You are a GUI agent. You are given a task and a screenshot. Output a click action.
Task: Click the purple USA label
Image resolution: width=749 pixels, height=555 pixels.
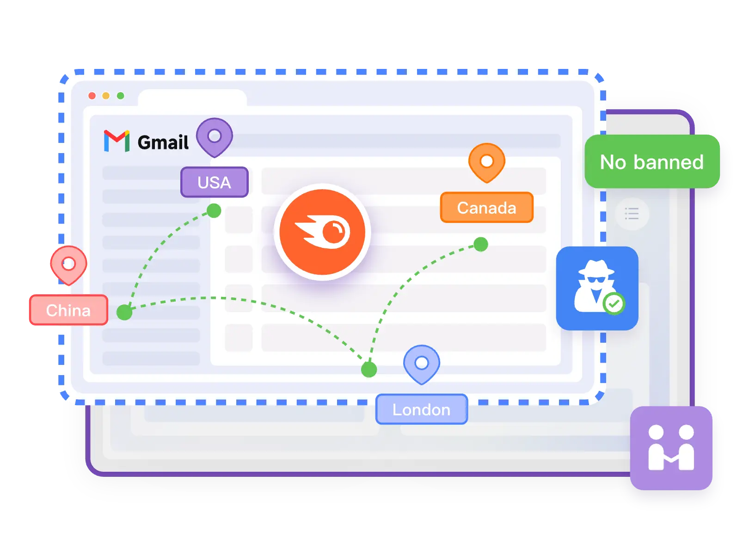(x=214, y=182)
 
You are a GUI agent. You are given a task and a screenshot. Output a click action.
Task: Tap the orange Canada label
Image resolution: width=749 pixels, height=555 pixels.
(x=486, y=208)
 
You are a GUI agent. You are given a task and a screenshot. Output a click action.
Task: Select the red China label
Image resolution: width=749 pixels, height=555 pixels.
(x=68, y=310)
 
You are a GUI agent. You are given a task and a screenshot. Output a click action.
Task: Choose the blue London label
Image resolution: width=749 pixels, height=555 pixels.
(x=421, y=409)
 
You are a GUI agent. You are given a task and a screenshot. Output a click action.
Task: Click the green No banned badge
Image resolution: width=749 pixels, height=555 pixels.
(x=651, y=162)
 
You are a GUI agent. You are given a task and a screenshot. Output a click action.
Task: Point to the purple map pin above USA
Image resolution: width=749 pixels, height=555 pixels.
(x=214, y=136)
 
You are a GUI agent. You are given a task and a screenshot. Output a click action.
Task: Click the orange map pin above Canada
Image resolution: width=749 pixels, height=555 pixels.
(x=486, y=161)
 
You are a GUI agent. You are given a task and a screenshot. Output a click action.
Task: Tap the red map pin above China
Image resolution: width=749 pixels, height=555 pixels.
(x=68, y=264)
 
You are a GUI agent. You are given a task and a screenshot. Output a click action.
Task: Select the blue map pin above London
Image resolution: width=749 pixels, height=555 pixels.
(x=421, y=363)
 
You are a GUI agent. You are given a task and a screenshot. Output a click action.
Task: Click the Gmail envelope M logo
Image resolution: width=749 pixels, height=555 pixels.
(x=116, y=141)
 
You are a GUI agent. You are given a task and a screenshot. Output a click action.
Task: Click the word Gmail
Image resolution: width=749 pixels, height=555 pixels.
(x=163, y=142)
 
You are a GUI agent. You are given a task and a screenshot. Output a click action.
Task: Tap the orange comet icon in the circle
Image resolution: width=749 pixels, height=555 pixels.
(x=322, y=232)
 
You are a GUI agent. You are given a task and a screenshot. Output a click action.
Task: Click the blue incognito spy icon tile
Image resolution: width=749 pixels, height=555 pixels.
(x=596, y=288)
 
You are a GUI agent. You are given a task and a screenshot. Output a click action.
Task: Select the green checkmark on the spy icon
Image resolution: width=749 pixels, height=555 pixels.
(x=614, y=304)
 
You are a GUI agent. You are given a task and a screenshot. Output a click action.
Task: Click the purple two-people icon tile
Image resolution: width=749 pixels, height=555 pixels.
(x=671, y=448)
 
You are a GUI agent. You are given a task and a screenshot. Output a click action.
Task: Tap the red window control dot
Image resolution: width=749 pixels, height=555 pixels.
(x=92, y=96)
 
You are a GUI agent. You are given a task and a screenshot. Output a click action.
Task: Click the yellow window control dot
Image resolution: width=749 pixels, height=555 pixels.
(x=106, y=96)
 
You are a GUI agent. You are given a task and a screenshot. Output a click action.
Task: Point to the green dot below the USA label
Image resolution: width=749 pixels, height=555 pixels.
(x=214, y=210)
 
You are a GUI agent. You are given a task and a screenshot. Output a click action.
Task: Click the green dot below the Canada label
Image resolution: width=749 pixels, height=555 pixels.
(x=481, y=244)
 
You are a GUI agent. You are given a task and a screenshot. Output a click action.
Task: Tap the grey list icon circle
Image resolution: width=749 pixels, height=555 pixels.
(x=632, y=214)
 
